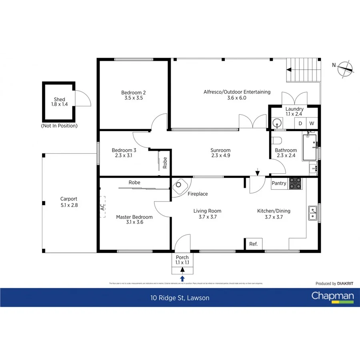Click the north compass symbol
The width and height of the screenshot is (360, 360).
(x=345, y=69)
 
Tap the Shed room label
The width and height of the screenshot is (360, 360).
(x=59, y=102)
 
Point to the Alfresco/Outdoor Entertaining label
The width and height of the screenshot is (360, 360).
(x=237, y=94)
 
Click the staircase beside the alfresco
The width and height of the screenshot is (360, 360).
(x=304, y=70)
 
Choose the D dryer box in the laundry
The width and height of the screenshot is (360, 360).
(x=300, y=124)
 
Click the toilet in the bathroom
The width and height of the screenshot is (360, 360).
(x=276, y=140)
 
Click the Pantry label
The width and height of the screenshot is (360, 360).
(x=279, y=183)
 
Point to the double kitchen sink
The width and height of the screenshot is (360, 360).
(x=312, y=214)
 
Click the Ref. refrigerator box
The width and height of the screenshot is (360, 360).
(x=253, y=244)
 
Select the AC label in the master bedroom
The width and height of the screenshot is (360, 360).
(x=102, y=207)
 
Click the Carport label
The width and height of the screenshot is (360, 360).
(x=69, y=202)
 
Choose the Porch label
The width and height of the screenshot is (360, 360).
(x=182, y=260)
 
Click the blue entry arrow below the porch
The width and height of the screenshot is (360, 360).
(x=182, y=278)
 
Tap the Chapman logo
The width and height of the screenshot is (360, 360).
(x=332, y=297)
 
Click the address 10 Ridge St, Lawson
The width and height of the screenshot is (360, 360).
(x=180, y=298)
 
